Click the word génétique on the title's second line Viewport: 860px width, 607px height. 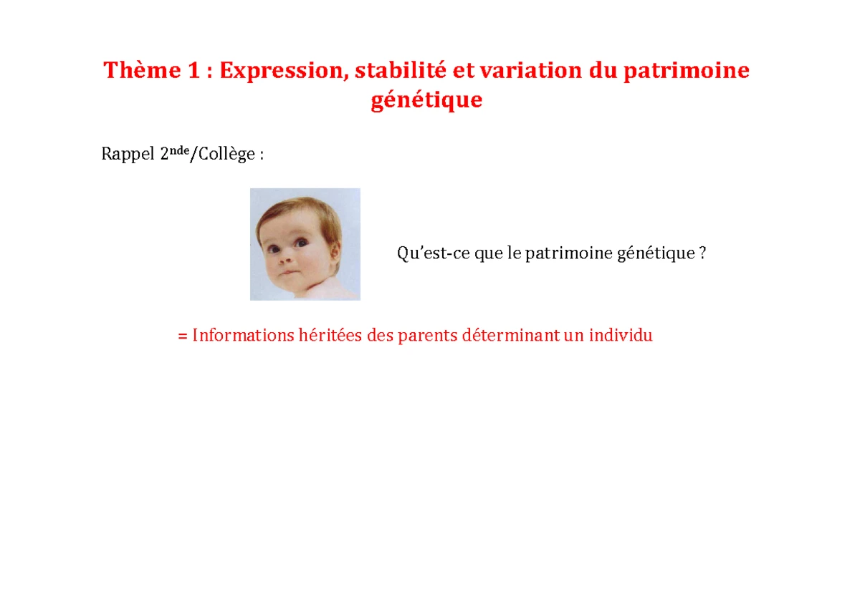tap(426, 101)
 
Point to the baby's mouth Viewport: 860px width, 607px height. tap(285, 273)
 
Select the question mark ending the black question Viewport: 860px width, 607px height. tap(702, 253)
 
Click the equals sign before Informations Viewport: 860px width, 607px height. tap(183, 336)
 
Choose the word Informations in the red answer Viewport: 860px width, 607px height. tap(243, 335)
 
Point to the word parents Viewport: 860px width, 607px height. tap(429, 335)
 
